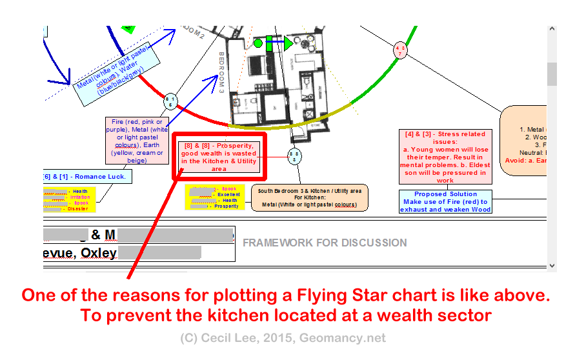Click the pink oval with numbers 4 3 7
(x=401, y=50)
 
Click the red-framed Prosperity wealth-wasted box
(x=219, y=156)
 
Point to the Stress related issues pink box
(x=445, y=157)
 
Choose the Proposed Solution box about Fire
(x=445, y=201)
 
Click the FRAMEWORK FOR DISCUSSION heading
(x=325, y=243)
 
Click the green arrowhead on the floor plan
(x=288, y=44)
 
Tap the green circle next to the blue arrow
(x=258, y=43)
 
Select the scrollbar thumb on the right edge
(x=552, y=74)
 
